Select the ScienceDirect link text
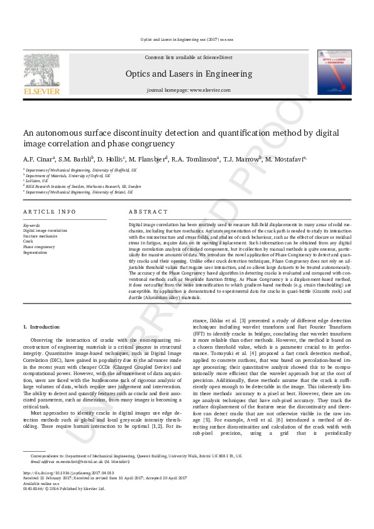tap(217, 57)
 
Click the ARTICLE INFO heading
tap(50, 212)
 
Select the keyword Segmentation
tap(36, 251)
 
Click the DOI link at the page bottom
tap(69, 490)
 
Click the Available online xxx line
tap(40, 500)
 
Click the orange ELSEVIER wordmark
tap(41, 91)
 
